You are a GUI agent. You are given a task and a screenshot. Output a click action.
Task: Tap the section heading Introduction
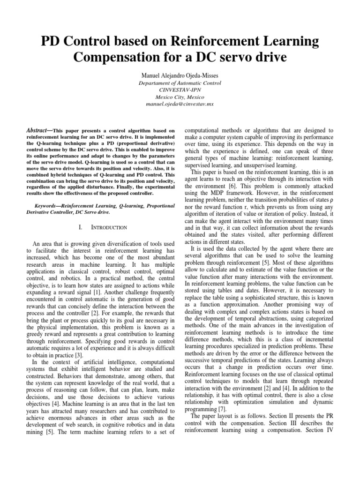(x=108, y=227)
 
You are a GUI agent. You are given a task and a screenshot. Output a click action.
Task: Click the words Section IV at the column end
(x=322, y=431)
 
